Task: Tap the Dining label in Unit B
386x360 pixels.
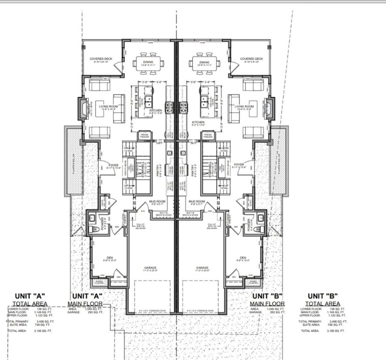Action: (204, 62)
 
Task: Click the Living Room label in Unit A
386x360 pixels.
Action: (109, 106)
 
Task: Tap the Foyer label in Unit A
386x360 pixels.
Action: (113, 165)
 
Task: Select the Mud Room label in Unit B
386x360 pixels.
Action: (196, 202)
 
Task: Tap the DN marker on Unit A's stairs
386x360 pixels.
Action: (127, 148)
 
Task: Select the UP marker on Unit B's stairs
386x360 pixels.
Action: (226, 186)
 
